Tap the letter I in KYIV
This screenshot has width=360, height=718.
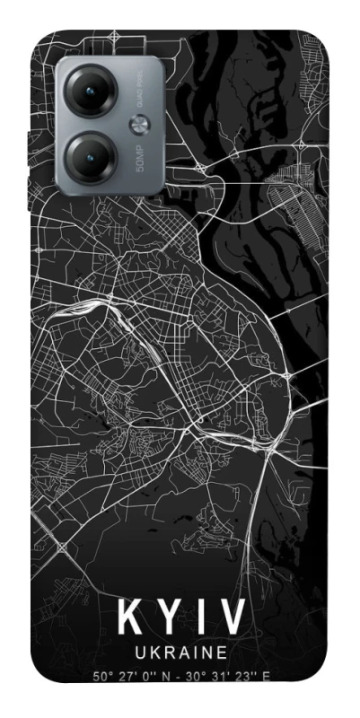[x=200, y=620]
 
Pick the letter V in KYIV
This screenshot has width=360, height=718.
[x=231, y=620]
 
